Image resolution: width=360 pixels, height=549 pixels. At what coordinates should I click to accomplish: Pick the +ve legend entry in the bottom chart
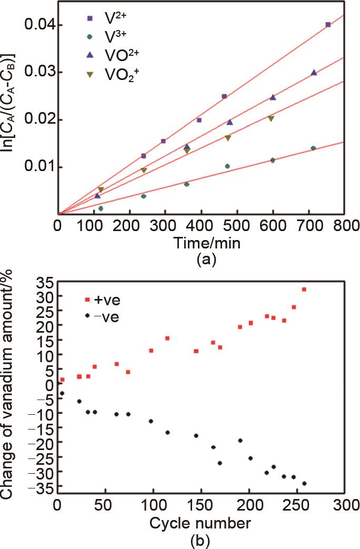point(100,300)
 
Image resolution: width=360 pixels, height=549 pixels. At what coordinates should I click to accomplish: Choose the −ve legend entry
point(100,317)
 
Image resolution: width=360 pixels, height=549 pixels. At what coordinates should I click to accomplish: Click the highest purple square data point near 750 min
point(328,25)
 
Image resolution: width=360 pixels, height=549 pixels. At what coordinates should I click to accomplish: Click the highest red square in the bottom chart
point(304,290)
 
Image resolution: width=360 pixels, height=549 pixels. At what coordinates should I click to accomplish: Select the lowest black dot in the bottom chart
point(304,483)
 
